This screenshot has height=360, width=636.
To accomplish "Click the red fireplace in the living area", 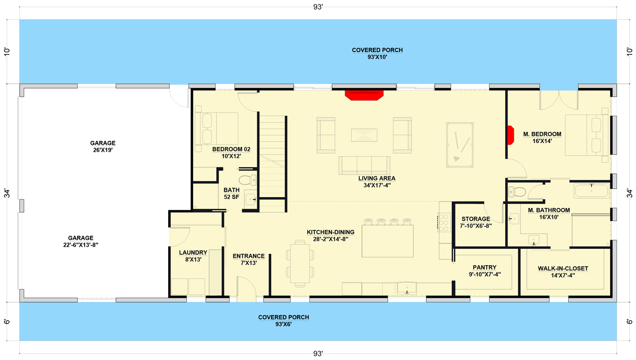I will point(364,95).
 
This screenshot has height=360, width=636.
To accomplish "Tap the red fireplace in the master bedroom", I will point(511,135).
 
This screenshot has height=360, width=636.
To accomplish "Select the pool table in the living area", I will point(460,144).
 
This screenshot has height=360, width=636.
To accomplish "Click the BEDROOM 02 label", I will point(231,149).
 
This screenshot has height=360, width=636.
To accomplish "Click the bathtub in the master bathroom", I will point(591,191).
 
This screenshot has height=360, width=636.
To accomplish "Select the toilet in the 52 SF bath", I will point(246,180).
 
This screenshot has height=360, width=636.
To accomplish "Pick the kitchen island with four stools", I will point(388,241).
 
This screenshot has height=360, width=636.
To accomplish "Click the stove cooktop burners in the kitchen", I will point(444,222).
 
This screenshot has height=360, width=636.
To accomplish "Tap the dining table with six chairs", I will point(300,263).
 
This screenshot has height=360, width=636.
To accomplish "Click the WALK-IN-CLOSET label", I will point(563,269).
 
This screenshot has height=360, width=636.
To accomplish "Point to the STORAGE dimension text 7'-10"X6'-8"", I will point(475,226).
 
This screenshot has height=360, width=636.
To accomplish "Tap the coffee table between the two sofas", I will point(364,135).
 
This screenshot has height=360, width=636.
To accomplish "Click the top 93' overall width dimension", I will point(318,7).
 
